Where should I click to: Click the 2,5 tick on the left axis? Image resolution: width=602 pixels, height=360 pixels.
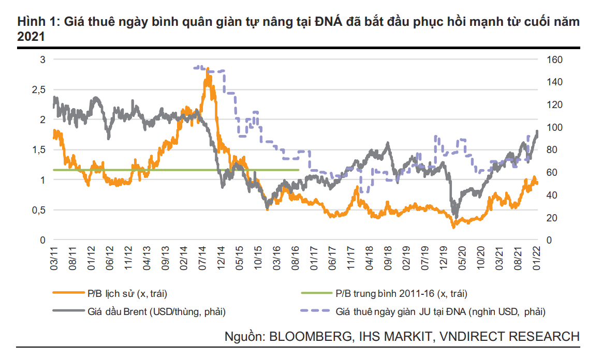tap(40, 89)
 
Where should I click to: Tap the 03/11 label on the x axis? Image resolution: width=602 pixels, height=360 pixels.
tap(54, 257)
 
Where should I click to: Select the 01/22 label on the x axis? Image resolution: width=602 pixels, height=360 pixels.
tap(538, 257)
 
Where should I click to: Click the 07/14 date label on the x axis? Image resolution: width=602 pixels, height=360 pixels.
tap(203, 257)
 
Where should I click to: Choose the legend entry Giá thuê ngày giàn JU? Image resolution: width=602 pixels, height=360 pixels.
tap(441, 311)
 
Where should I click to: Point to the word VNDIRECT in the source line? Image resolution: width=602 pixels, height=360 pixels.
tap(467, 336)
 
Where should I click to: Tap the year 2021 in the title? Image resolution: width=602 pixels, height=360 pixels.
tap(31, 37)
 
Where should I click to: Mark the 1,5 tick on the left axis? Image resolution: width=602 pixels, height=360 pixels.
tap(40, 149)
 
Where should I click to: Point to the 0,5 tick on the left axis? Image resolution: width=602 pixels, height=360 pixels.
tap(40, 210)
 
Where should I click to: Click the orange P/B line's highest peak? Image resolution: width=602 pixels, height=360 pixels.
tap(208, 69)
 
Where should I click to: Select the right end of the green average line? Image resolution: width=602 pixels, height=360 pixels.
tap(299, 170)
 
